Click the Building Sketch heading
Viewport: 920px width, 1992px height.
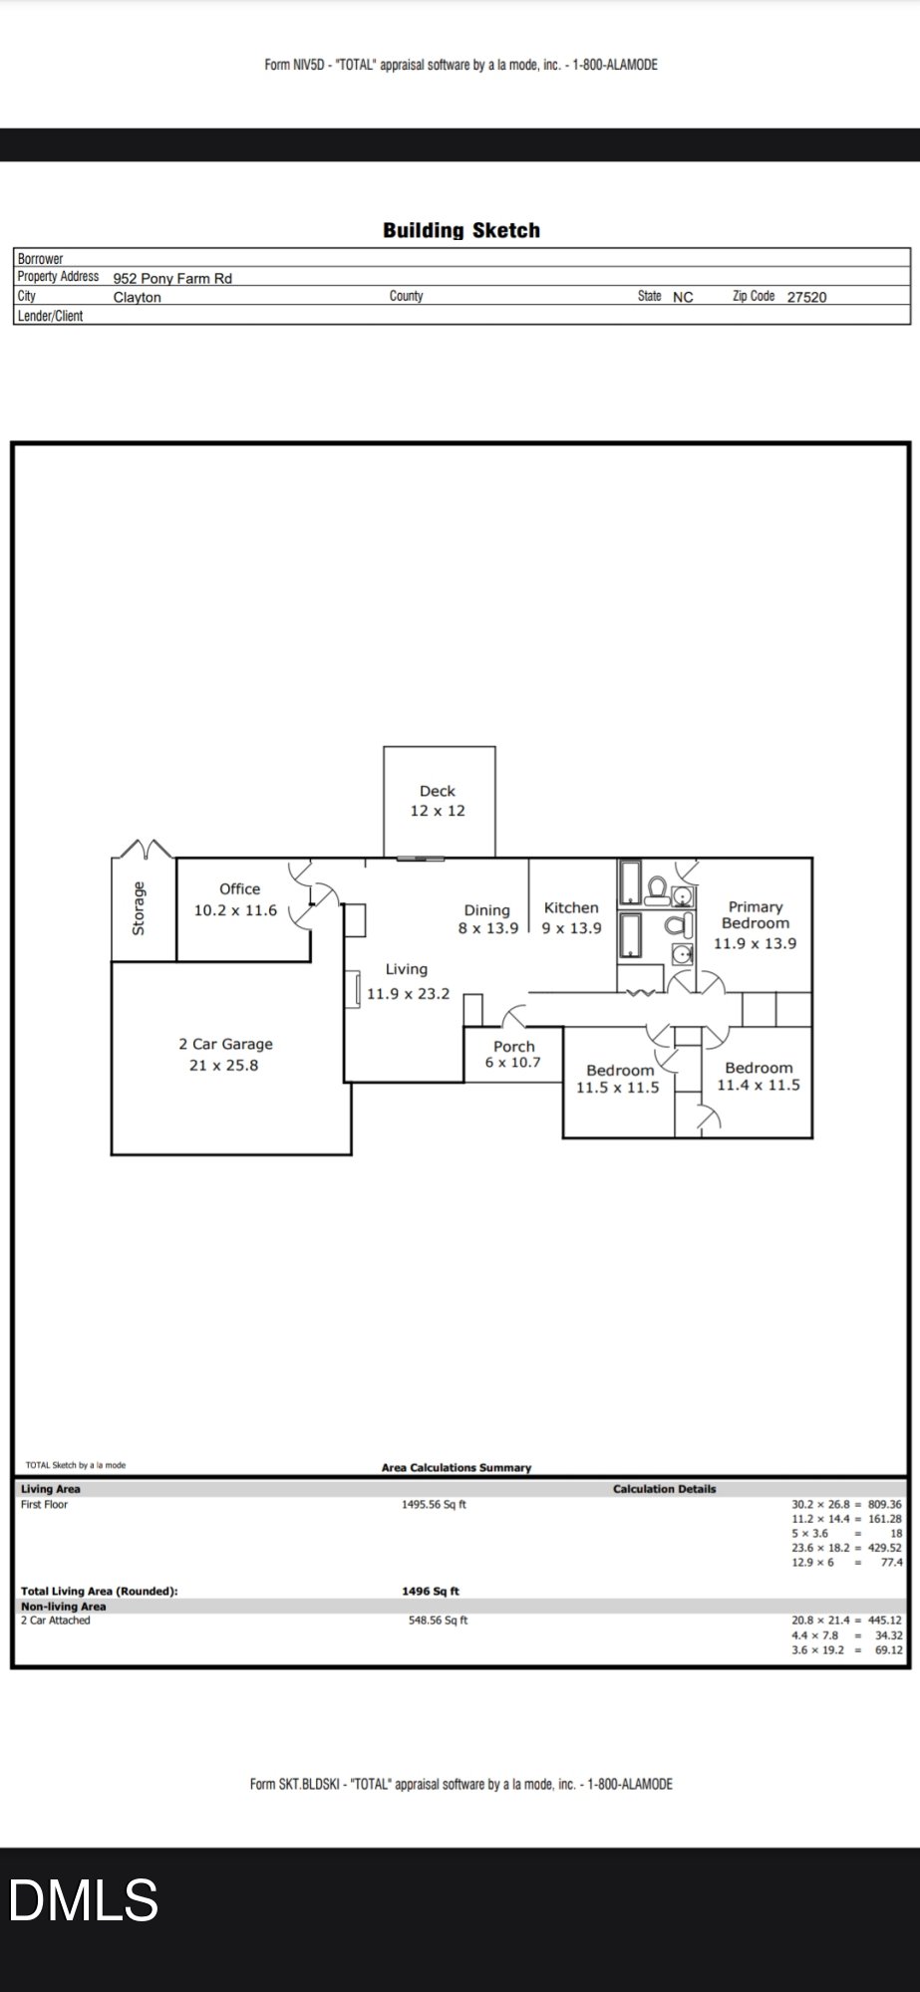[461, 230]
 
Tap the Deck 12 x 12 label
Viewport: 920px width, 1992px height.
[438, 801]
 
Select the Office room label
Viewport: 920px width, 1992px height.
[239, 889]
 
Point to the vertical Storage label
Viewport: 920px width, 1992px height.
[139, 908]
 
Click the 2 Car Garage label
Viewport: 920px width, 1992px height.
[225, 1044]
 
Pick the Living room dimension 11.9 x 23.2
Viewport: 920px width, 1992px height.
[408, 993]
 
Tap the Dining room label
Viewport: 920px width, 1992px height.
[486, 910]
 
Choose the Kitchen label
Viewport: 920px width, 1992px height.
[571, 907]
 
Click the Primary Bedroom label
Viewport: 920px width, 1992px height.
[756, 915]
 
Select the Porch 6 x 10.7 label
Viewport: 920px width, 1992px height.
[513, 1055]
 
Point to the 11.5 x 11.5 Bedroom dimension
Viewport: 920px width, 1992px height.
[617, 1088]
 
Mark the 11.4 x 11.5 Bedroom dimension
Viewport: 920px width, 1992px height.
[759, 1086]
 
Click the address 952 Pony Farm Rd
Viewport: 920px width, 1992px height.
[172, 278]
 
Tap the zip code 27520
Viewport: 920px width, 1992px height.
[806, 297]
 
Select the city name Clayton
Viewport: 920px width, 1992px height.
[137, 297]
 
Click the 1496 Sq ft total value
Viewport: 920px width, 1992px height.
[431, 1592]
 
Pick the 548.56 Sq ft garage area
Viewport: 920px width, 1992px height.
[438, 1620]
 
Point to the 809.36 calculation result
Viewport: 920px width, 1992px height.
[884, 1505]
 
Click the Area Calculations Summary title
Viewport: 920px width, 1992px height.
[457, 1467]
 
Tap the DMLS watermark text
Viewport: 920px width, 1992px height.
[84, 1899]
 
